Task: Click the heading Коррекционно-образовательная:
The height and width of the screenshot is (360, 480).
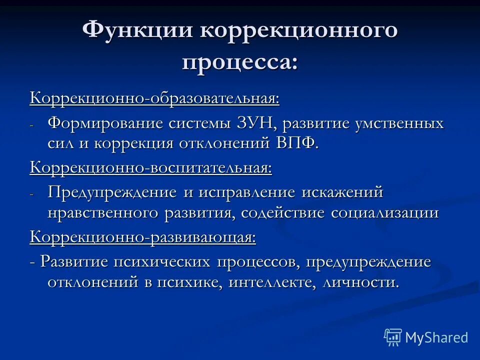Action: tap(154, 98)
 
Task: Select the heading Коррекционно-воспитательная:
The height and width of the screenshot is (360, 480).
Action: tap(151, 167)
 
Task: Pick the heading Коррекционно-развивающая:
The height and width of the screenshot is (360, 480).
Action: tap(143, 236)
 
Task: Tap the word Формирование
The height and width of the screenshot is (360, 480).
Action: tap(106, 123)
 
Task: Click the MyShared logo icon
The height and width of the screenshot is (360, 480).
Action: tap(392, 337)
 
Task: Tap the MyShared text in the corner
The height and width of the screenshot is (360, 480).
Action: tap(436, 337)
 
